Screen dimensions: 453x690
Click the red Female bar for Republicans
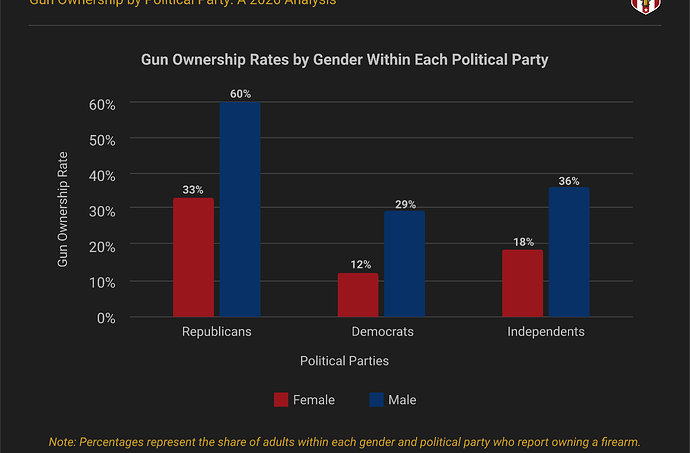tap(193, 257)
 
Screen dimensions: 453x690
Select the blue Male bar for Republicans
tap(240, 209)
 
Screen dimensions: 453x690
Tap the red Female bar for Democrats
tap(358, 295)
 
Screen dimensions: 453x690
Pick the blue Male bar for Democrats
tap(404, 264)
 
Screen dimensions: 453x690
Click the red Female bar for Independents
tap(523, 284)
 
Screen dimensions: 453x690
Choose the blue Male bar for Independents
tap(569, 252)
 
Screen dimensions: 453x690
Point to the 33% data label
tap(193, 189)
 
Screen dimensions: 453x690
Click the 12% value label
tap(360, 265)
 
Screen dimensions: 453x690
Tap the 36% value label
tap(569, 180)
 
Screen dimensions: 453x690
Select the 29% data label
tap(405, 204)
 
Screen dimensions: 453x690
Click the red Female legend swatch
tap(281, 400)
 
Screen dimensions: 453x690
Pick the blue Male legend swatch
tap(376, 400)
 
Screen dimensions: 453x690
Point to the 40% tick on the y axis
tap(103, 175)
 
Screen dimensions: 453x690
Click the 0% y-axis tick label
tap(106, 318)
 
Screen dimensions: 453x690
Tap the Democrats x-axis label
tap(382, 331)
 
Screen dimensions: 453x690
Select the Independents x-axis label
tap(545, 331)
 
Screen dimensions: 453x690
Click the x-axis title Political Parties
tap(344, 360)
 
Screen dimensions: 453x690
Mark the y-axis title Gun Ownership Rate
tap(63, 211)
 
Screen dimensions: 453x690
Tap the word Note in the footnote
tap(63, 441)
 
